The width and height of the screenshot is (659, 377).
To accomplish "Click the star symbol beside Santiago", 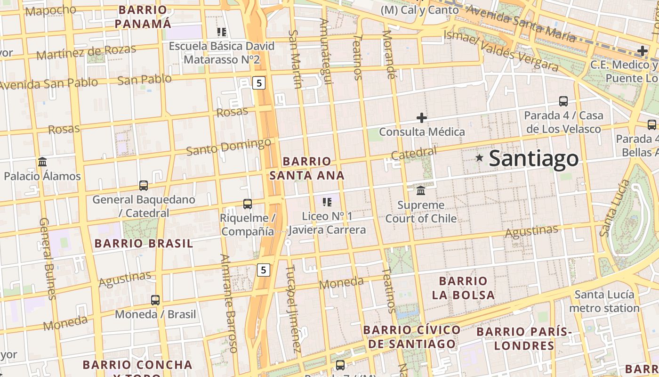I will [479, 158].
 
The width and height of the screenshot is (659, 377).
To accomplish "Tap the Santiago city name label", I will [534, 158].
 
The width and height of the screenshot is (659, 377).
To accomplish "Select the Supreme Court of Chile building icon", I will [421, 191].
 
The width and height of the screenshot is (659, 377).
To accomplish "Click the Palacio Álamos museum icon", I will [42, 162].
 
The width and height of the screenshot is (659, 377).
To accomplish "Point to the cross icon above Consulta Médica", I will [422, 117].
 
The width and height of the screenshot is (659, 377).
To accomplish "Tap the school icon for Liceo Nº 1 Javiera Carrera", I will [327, 202].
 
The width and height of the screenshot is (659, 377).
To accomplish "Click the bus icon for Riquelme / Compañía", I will [248, 204].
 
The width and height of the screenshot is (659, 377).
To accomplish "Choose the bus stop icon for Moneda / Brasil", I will [155, 300].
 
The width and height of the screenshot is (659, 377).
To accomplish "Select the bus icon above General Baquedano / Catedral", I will [144, 186].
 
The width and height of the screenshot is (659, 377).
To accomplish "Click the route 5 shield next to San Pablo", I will [259, 83].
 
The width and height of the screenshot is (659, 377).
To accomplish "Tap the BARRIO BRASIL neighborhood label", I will [144, 244].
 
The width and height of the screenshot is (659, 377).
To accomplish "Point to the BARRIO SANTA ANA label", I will [307, 168].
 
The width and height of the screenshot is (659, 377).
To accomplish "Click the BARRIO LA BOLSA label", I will [463, 288].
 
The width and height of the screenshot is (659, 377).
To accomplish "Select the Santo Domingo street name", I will [229, 147].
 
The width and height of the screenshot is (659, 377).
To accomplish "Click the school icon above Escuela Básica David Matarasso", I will [222, 32].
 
